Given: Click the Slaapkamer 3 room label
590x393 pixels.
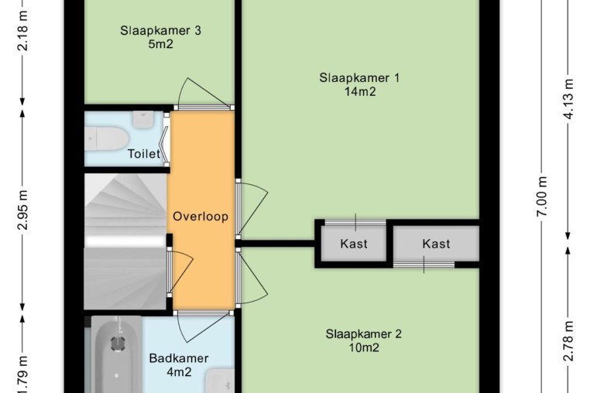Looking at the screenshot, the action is click(160, 30).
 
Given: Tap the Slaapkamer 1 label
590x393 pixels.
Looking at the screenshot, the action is click(359, 78).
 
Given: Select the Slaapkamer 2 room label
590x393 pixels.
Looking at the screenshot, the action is click(363, 334).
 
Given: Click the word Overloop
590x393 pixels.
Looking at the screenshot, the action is click(201, 217).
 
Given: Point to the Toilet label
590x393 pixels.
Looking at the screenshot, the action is click(144, 153).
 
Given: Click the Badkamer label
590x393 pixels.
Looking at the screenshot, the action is click(179, 358).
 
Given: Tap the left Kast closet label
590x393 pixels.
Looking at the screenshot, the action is click(354, 244).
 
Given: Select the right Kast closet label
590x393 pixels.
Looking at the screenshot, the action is click(436, 244).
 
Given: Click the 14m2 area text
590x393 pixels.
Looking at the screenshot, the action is click(360, 91).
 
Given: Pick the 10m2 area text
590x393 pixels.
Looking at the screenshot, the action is click(364, 348).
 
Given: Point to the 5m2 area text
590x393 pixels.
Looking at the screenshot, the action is click(161, 44).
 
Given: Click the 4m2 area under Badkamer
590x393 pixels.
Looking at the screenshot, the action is click(179, 372).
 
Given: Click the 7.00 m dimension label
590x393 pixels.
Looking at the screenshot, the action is click(542, 196).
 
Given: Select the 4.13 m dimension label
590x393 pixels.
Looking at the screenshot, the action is click(568, 99).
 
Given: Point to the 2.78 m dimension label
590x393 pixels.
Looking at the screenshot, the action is click(568, 340).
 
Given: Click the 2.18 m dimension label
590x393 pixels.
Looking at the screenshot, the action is click(22, 31).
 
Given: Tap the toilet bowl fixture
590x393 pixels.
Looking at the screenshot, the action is click(107, 138).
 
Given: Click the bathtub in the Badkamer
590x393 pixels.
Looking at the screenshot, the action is click(117, 354).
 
